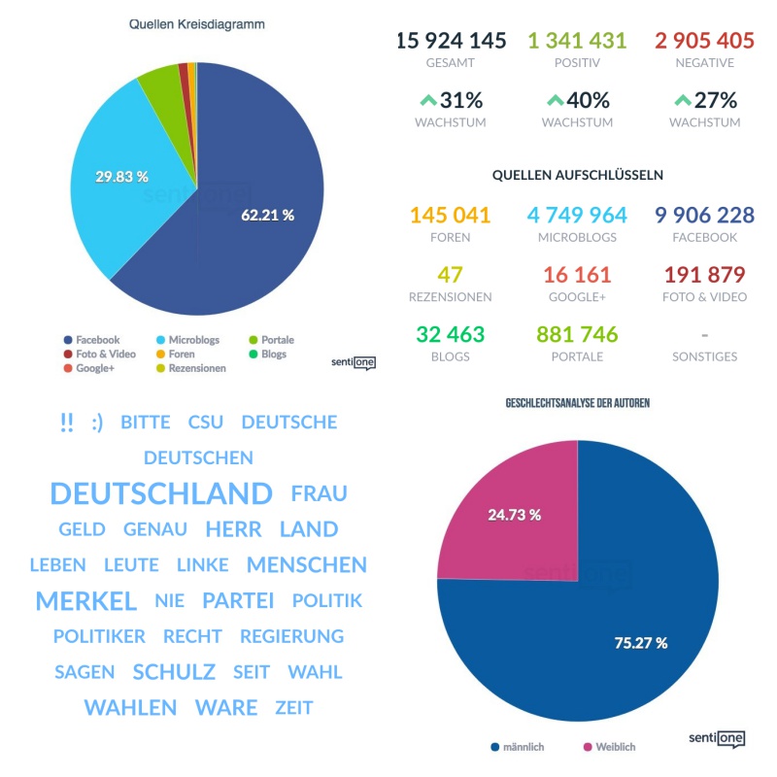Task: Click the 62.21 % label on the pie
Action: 267,215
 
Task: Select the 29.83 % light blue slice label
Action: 121,177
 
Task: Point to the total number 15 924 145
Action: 451,41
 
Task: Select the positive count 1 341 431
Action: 577,41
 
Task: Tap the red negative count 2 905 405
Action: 704,41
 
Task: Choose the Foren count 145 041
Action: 451,215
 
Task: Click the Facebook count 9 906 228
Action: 704,215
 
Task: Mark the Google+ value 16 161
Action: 577,274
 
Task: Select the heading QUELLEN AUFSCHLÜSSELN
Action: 577,175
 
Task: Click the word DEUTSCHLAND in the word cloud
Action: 161,493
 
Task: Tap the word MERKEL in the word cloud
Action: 85,601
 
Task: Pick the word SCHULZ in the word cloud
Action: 174,672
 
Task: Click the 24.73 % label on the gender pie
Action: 514,515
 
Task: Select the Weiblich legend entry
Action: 610,747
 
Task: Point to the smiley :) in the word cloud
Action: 97,422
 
